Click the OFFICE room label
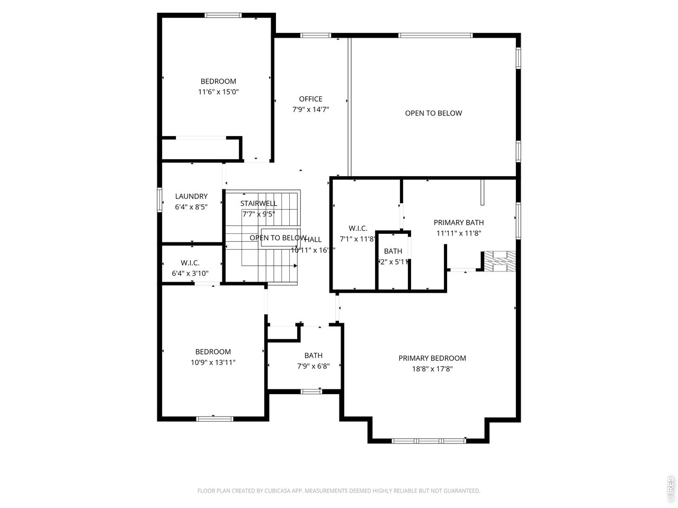tap(310, 99)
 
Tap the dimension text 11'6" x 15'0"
tap(218, 92)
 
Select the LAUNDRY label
tap(191, 196)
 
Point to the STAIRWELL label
tap(258, 204)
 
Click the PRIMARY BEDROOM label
tap(432, 358)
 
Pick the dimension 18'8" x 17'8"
tap(432, 369)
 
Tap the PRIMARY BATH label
tap(459, 223)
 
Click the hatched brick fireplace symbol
tap(499, 261)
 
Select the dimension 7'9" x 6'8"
tap(313, 366)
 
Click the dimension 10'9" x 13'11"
tap(213, 362)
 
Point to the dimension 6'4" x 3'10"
tap(190, 274)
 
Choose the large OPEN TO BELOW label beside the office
tap(433, 113)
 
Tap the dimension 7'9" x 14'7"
tap(310, 110)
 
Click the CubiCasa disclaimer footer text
tap(339, 491)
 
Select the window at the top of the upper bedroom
tap(223, 15)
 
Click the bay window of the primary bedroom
tap(429, 440)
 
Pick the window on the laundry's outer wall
tap(159, 201)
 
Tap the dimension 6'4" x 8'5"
tap(191, 207)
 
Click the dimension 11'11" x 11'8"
tap(459, 233)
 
